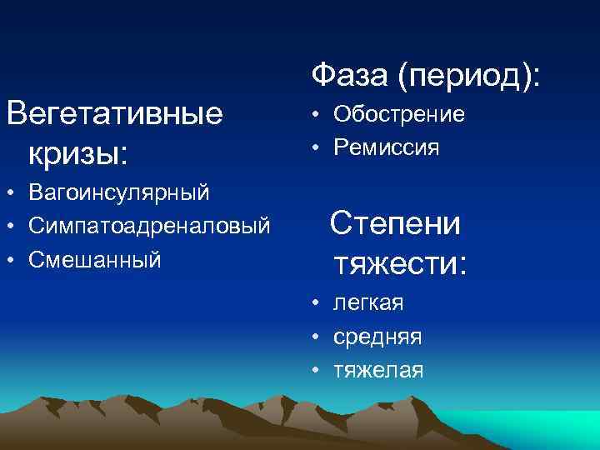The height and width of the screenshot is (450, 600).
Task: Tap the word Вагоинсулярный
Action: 118,194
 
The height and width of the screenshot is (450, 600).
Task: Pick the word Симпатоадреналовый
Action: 149,227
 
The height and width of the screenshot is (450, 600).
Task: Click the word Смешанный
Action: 93,259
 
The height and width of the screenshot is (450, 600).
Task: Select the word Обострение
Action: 399,114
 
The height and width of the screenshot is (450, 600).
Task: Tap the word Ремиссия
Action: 387,147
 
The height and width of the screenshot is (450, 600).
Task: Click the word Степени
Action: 395,223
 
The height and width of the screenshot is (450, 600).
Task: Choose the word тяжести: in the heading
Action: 400,263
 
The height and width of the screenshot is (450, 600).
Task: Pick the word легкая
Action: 368,303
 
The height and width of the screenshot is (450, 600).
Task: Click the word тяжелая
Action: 378,369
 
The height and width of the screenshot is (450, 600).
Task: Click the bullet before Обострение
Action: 317,115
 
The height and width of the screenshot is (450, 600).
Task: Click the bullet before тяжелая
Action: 317,370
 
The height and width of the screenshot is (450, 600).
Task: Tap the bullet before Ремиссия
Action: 317,148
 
